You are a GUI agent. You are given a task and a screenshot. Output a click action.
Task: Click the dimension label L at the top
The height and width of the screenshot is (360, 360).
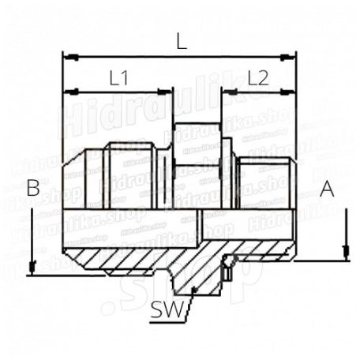tap(182, 43)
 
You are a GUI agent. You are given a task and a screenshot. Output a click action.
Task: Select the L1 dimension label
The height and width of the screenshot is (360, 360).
tap(118, 77)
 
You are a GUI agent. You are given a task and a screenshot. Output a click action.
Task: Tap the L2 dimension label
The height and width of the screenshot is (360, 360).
tap(258, 77)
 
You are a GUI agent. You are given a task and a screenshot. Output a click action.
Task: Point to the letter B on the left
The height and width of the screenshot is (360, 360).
tap(32, 188)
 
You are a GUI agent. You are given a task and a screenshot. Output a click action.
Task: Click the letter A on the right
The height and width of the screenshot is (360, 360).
tap(328, 188)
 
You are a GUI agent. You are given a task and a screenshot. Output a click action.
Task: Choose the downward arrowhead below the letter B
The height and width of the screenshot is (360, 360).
tap(30, 267)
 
